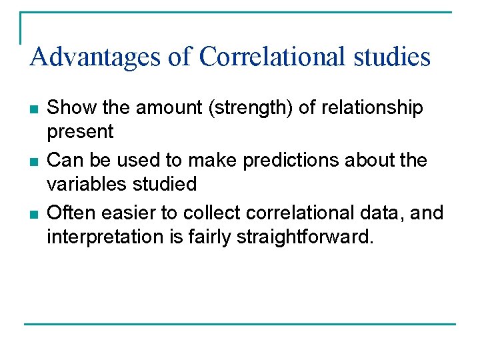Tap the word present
(x=80, y=132)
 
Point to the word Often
(x=67, y=213)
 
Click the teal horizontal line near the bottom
(x=240, y=325)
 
